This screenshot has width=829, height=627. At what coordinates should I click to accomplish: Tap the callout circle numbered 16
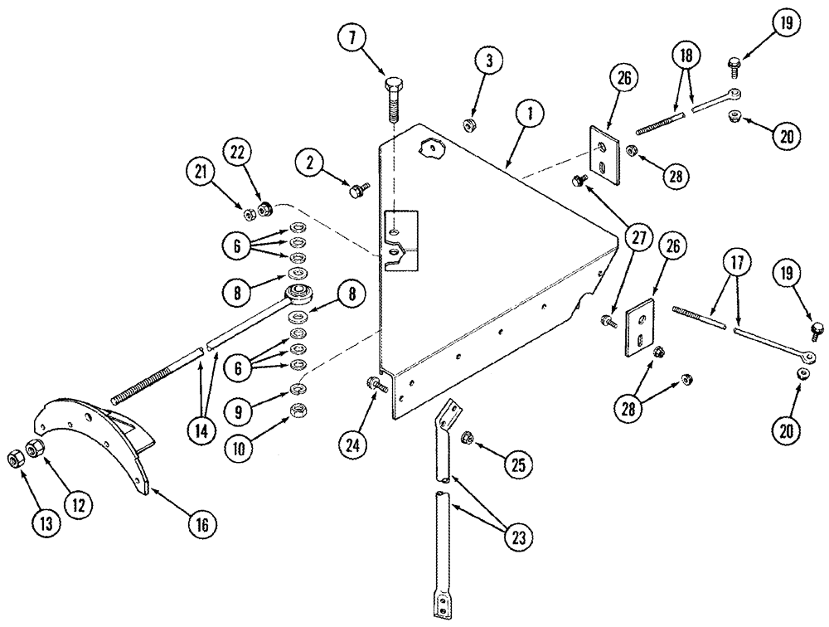[x=203, y=524]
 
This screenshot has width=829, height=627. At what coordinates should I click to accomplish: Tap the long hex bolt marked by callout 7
[x=393, y=100]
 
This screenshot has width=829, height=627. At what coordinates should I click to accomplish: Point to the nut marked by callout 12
[x=35, y=449]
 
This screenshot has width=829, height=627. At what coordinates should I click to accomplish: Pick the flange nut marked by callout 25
[x=467, y=435]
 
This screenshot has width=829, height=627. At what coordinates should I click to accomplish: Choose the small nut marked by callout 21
[x=249, y=214]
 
